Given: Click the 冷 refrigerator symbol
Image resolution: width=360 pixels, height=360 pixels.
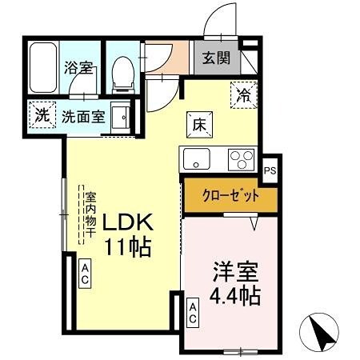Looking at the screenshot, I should tap(243, 94).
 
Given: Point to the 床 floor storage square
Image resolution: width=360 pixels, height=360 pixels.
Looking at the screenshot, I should tap(199, 123).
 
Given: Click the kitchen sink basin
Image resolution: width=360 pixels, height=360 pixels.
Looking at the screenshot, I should tap(195, 158).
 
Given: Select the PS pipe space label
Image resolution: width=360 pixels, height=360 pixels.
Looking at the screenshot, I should tap(271, 169).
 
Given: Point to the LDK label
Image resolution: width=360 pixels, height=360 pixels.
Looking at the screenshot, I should tap(125, 222).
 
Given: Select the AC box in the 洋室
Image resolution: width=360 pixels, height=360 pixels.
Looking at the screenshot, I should tap(193, 313).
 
